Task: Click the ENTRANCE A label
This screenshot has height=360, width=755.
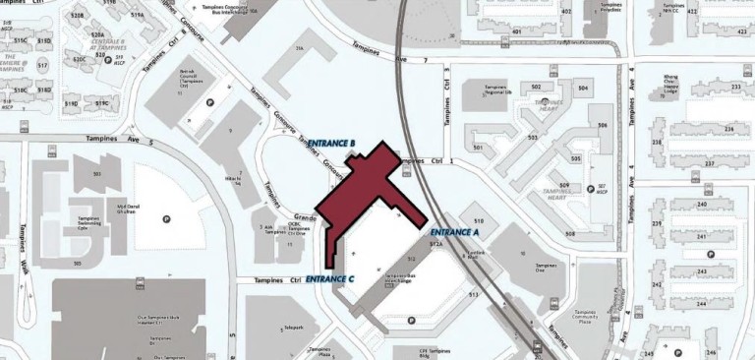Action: click(454, 233)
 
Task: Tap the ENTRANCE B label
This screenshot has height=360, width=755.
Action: click(331, 144)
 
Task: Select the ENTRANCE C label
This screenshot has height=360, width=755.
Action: click(329, 279)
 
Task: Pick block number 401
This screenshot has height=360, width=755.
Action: click(516, 31)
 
